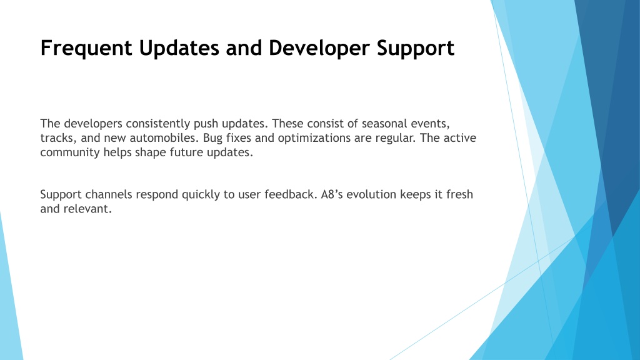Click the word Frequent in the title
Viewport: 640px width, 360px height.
(x=86, y=49)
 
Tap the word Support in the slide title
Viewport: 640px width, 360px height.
(x=416, y=49)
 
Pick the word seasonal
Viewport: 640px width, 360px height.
(x=384, y=124)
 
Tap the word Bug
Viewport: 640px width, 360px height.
(x=212, y=138)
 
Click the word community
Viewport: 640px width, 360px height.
(x=70, y=152)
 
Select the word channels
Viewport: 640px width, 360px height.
(x=109, y=194)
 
